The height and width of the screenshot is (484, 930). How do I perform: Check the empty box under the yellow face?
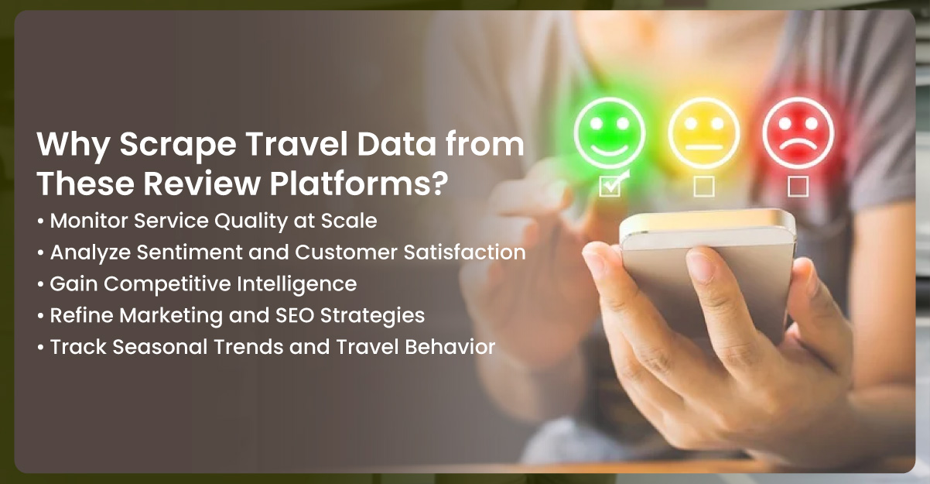pyautogui.click(x=704, y=186)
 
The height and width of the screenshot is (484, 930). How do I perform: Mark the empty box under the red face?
pyautogui.click(x=798, y=186)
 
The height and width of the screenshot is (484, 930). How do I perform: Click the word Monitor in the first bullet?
pyautogui.click(x=83, y=221)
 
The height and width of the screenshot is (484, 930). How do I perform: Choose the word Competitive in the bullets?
pyautogui.click(x=160, y=284)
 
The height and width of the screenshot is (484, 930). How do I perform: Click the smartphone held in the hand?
pyautogui.click(x=696, y=263)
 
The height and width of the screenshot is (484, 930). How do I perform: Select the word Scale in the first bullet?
pyautogui.click(x=352, y=221)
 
